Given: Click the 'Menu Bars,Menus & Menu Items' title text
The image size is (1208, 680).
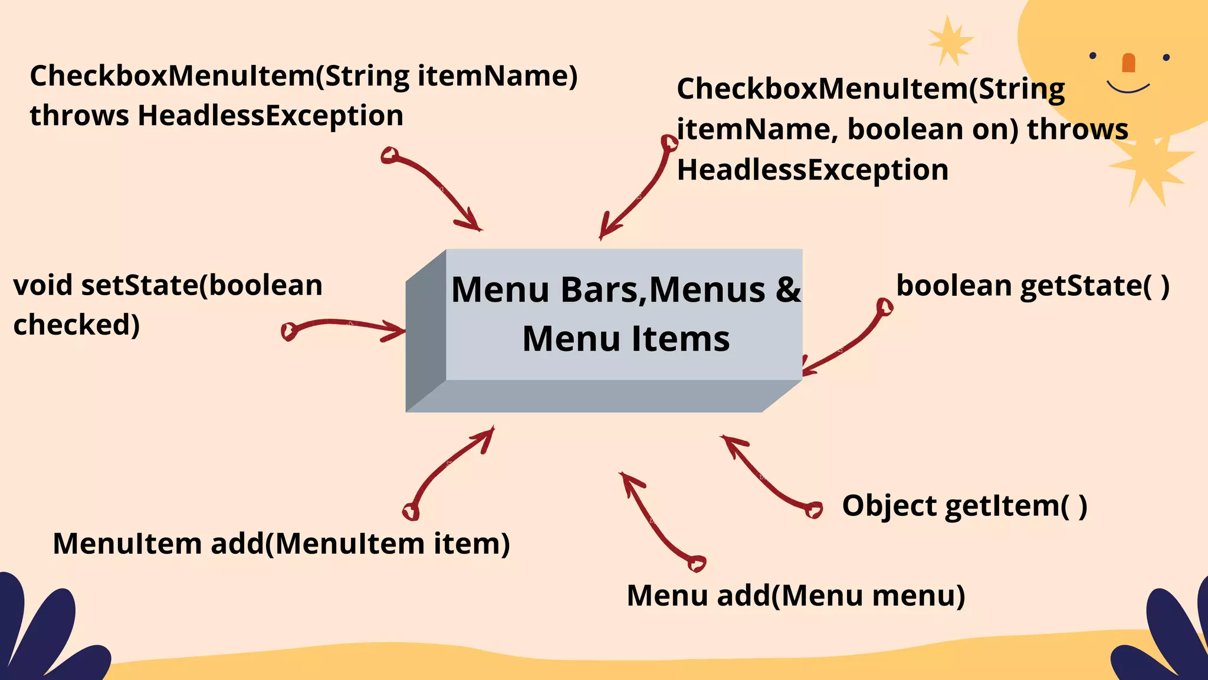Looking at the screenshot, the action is tap(625, 314).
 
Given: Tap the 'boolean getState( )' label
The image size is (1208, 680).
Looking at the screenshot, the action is tap(1032, 286).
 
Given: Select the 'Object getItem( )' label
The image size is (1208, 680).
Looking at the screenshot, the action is tap(964, 506).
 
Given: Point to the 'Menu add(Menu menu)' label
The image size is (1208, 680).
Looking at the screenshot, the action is tap(796, 596).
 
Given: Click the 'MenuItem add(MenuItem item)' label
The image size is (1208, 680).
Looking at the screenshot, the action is tap(281, 544).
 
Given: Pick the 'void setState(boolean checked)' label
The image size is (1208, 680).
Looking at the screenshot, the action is tap(168, 305).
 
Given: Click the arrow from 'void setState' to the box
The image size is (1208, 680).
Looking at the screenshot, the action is tap(345, 325).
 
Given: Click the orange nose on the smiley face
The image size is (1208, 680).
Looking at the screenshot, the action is tap(1128, 63).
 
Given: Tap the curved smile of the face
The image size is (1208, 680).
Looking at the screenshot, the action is tap(1128, 89).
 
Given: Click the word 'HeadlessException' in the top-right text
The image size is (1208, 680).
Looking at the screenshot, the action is tap(812, 170).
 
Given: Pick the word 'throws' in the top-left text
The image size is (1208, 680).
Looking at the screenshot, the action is tap(79, 116).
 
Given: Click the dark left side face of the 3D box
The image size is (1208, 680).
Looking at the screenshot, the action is tap(425, 331).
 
